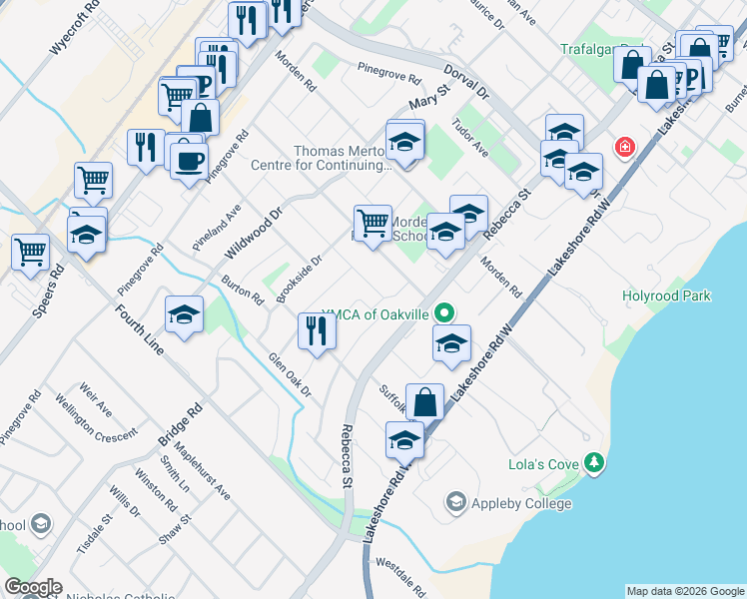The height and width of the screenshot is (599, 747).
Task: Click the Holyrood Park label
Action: [x=666, y=296]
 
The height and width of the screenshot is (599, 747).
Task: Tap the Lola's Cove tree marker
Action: [x=595, y=462]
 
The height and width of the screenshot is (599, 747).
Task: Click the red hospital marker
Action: [x=625, y=148]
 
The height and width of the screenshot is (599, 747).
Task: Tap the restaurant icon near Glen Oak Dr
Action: [x=317, y=330]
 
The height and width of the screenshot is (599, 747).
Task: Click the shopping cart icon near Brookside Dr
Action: [x=373, y=223]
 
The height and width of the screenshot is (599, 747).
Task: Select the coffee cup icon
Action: [x=188, y=160]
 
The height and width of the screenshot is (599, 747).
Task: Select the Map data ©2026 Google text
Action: [x=685, y=591]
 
